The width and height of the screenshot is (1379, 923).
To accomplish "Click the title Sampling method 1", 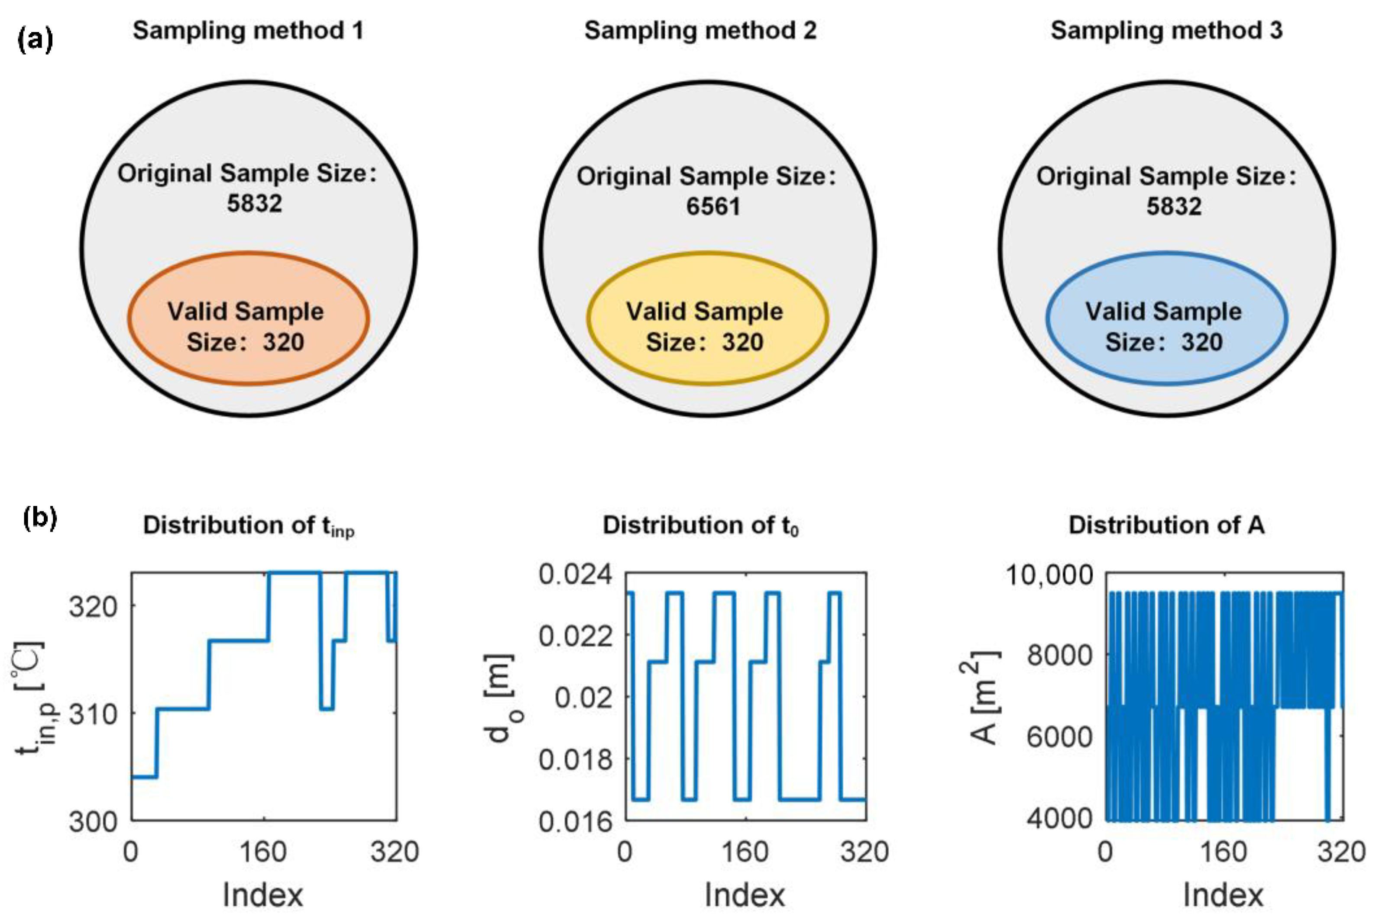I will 248,31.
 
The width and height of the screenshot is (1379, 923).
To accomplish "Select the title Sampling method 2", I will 700,31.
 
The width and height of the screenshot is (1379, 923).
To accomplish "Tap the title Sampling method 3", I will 1166,31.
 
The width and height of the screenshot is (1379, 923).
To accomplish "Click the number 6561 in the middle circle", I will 713,206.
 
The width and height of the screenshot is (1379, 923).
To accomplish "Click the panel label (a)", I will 36,40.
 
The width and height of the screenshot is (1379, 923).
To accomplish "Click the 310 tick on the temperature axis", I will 93,714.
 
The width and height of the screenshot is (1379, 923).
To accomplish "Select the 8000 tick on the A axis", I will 1059,655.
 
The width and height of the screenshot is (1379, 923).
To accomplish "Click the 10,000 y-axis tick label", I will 1049,575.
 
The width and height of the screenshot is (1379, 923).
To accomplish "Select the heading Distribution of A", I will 1166,525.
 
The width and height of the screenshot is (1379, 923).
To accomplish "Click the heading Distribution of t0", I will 700,525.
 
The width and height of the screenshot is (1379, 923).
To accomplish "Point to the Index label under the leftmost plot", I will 263,895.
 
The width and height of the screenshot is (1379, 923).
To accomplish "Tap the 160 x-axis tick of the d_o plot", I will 745,852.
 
